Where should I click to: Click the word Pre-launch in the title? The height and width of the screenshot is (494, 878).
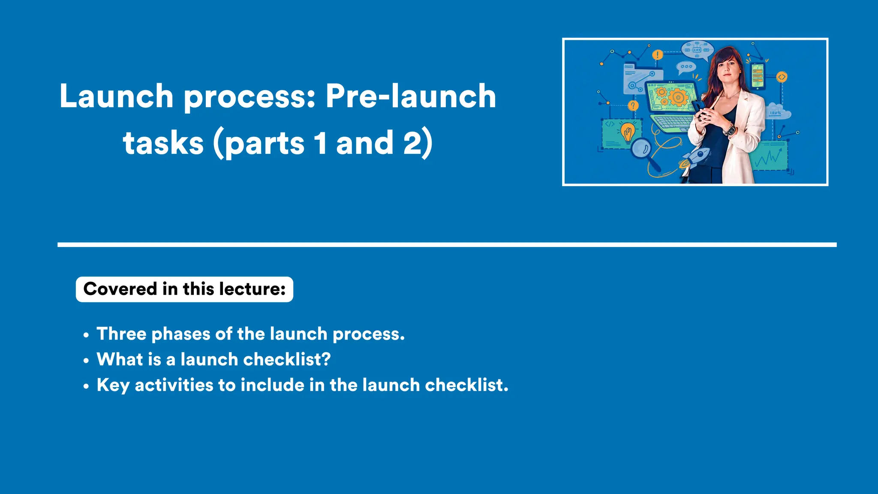[411, 96]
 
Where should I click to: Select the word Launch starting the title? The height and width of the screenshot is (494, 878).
[116, 96]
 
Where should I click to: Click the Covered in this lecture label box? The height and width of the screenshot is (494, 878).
[184, 289]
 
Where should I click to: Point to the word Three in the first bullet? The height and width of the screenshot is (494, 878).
[121, 334]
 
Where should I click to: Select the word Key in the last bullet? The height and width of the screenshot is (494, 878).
[113, 385]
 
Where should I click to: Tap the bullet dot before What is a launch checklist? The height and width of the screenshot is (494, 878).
[86, 361]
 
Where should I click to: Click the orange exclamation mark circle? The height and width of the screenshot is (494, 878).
[658, 55]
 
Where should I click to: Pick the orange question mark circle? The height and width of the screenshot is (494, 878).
[633, 105]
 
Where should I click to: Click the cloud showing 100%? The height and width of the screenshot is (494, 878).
[778, 111]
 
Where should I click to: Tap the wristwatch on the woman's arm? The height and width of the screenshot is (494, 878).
[729, 129]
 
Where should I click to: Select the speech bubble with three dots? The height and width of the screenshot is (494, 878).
[686, 67]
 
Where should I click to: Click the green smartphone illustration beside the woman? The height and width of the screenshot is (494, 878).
[758, 76]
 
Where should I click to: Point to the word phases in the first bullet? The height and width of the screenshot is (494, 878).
[180, 334]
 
